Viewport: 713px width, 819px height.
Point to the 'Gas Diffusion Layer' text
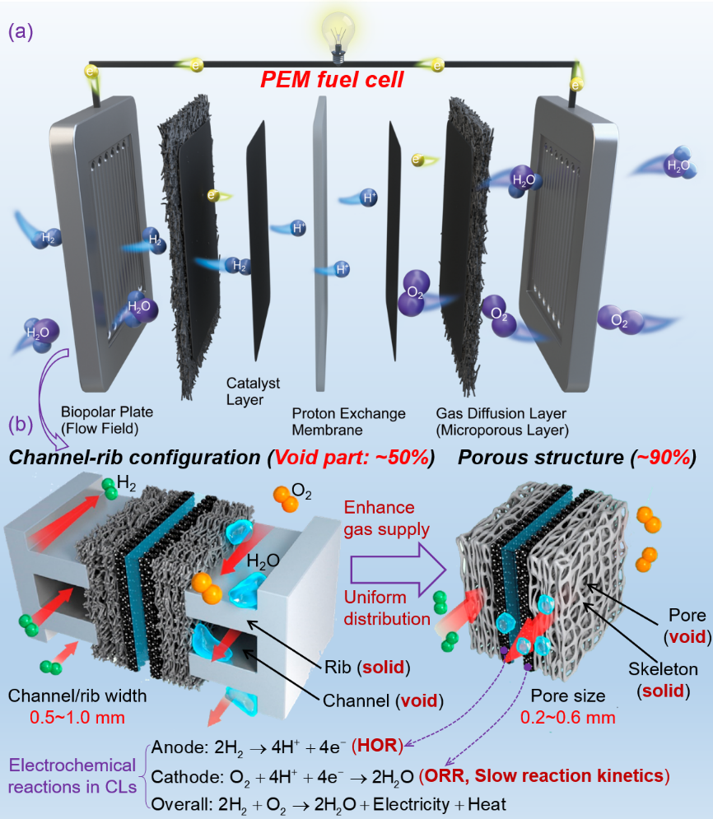click(502, 413)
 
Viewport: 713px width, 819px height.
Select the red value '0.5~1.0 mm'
click(66, 717)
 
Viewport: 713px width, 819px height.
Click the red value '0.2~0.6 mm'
click(569, 717)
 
